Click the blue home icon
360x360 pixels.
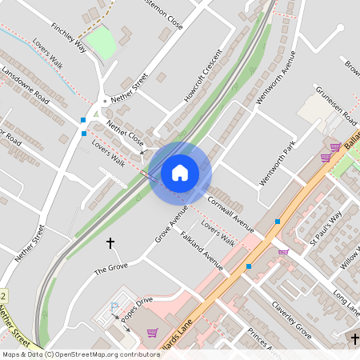click(180, 172)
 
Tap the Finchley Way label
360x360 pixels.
click(68, 37)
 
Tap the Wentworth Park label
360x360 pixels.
click(278, 163)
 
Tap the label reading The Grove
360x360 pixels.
click(111, 270)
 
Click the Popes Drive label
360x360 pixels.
click(138, 307)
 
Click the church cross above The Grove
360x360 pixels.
click(110, 242)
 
